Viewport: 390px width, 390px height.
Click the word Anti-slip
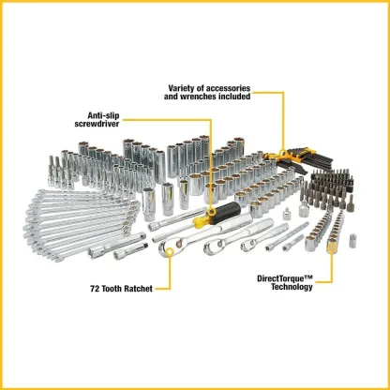pos(103,115)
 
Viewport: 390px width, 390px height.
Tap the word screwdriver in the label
pos(97,124)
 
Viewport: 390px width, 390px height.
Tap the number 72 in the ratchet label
pos(95,289)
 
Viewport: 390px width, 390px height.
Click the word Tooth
pos(111,289)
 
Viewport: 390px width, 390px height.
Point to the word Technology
pos(292,287)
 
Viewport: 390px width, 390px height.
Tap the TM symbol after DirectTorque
pos(308,277)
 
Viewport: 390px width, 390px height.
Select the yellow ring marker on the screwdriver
pos(212,213)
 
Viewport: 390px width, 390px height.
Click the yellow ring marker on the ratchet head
pos(170,252)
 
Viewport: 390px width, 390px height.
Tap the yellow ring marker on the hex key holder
pos(284,153)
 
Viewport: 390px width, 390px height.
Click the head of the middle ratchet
pos(216,246)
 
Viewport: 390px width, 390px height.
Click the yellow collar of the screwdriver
pos(202,221)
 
